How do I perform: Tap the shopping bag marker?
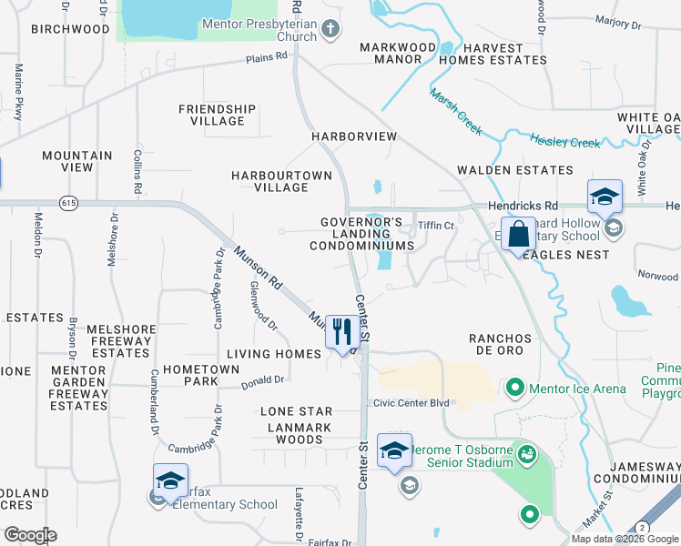(x=517, y=234)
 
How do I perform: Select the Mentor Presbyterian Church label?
(x=259, y=31)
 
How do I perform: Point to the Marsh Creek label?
(x=456, y=112)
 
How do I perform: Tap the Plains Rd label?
(x=266, y=57)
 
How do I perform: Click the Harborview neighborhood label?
(x=354, y=136)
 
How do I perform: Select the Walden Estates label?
(x=515, y=170)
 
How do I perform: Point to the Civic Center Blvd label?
(x=411, y=403)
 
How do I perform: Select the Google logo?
(x=29, y=535)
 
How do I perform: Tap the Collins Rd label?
(x=137, y=171)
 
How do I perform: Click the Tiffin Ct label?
(x=435, y=226)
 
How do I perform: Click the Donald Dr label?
(x=263, y=382)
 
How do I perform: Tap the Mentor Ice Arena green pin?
(x=514, y=389)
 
